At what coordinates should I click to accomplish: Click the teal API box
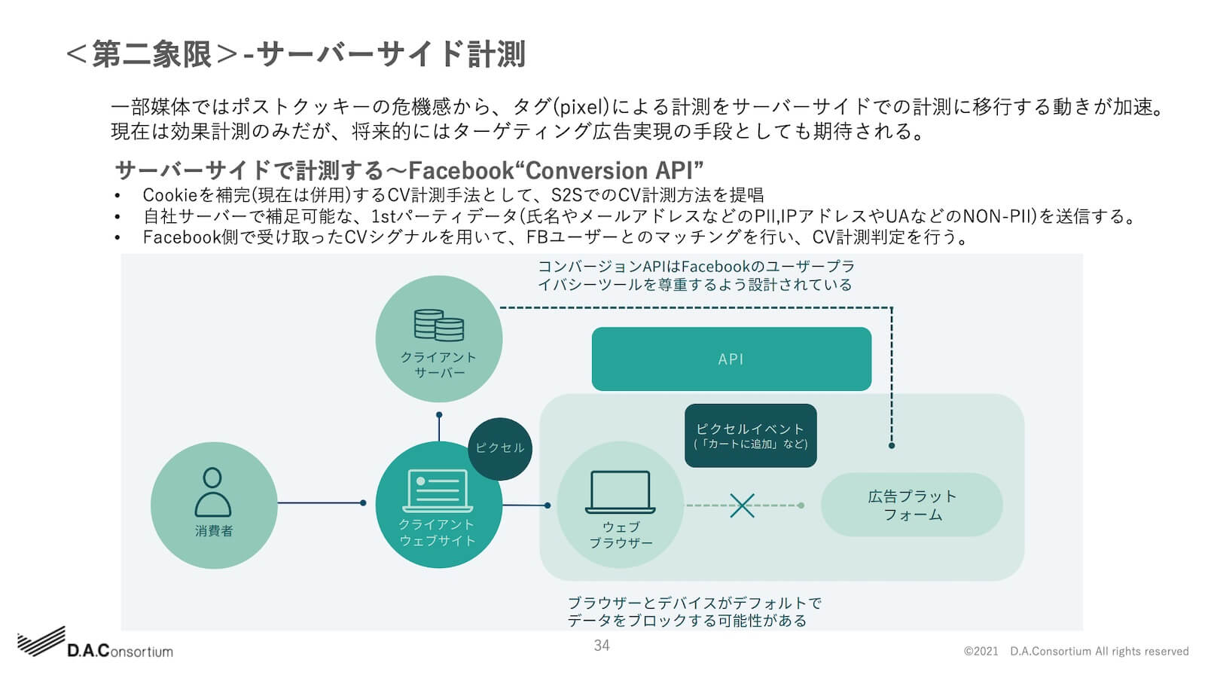[x=731, y=359]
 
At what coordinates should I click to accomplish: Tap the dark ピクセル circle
[x=500, y=449]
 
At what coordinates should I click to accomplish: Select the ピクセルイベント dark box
[x=750, y=435]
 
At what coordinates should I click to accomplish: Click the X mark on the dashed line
[x=742, y=505]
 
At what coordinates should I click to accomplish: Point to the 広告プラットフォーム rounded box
[x=911, y=505]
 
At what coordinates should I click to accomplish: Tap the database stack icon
[x=438, y=325]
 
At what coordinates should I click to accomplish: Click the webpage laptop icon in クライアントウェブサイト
[x=438, y=490]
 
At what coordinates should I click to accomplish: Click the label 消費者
[x=214, y=531]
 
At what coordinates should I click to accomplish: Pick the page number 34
[x=601, y=646]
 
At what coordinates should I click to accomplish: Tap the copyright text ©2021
[x=981, y=652]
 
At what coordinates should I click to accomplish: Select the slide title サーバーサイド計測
[x=391, y=54]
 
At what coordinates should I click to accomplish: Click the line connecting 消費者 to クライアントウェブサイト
[x=320, y=502]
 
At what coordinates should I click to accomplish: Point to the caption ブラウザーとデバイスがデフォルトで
[x=694, y=603]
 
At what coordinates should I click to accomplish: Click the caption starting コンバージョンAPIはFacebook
[x=695, y=267]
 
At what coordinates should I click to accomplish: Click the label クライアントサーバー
[x=438, y=365]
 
